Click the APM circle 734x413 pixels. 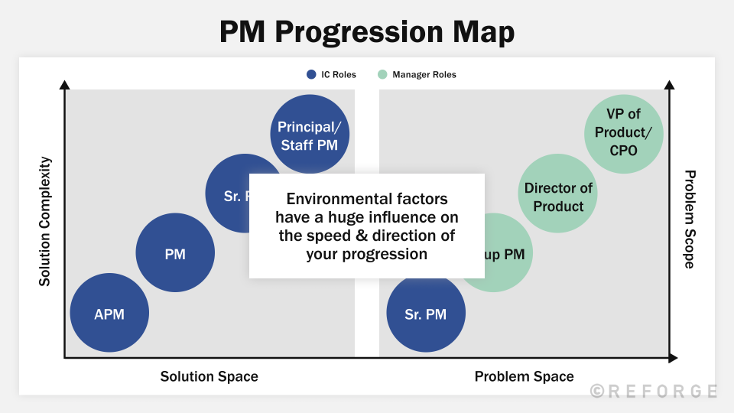(109, 314)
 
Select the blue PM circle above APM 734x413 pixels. (175, 254)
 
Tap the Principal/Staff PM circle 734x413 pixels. (309, 135)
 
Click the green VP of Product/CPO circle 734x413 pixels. (623, 133)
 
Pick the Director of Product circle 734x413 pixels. (559, 197)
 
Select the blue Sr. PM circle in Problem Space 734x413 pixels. (426, 314)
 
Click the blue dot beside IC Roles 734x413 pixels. (311, 75)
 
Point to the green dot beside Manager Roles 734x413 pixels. (382, 75)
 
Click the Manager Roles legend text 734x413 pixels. (424, 75)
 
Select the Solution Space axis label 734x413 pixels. (209, 376)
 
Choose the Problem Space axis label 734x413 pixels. (524, 376)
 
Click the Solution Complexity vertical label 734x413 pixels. (45, 222)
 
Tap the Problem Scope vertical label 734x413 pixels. (689, 220)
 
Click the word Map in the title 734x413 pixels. (482, 32)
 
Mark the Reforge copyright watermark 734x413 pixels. (654, 391)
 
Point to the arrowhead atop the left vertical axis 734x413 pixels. (64, 85)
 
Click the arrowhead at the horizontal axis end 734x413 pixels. (672, 358)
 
